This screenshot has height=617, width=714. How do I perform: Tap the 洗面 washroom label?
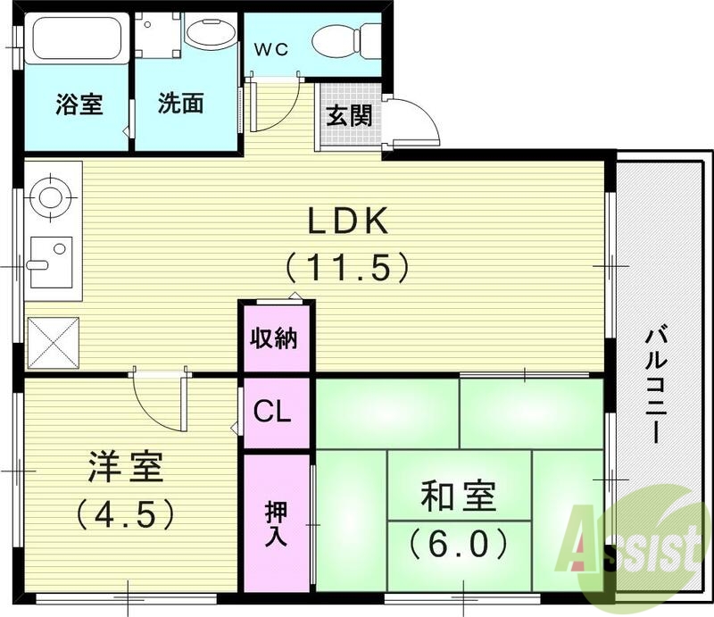click(x=181, y=104)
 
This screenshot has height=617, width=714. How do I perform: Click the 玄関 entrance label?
click(x=349, y=116)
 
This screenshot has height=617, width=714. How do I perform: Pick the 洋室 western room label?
click(x=125, y=470)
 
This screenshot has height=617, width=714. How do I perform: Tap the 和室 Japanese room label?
click(x=459, y=496)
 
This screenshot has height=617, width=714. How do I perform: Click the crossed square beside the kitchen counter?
click(x=53, y=343)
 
